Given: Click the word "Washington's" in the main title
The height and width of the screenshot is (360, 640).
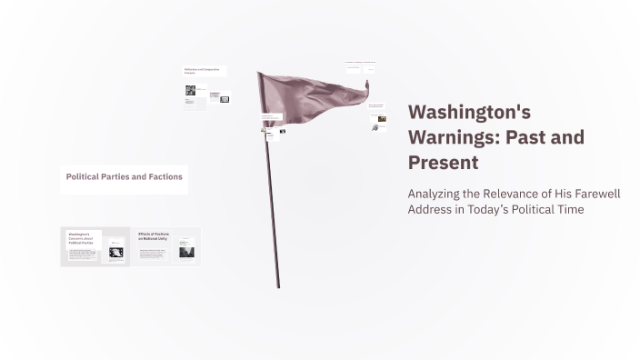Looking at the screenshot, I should pos(467,112).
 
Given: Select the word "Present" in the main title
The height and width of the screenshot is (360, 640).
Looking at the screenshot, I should pos(443,163).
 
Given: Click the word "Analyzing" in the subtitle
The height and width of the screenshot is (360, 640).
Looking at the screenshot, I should pos(439,194).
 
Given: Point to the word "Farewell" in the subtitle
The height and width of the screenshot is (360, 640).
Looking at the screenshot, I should pos(594,194).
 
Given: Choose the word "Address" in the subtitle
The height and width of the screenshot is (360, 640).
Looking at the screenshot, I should pos(433,209).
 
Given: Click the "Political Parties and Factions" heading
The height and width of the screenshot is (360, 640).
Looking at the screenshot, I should pos(125,176).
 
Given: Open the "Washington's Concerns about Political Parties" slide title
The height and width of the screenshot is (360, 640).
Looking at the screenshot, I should pos(82,238).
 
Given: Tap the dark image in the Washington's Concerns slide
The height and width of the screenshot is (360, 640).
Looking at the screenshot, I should pos(116,252).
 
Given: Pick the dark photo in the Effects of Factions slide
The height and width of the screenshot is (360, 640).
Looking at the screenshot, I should pos(185,251).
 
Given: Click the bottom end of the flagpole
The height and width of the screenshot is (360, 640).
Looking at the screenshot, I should pos(278,286).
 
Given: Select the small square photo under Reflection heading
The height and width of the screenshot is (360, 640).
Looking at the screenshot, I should pos(191,90).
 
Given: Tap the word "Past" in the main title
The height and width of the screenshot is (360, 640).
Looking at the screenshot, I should pos(527,137).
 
